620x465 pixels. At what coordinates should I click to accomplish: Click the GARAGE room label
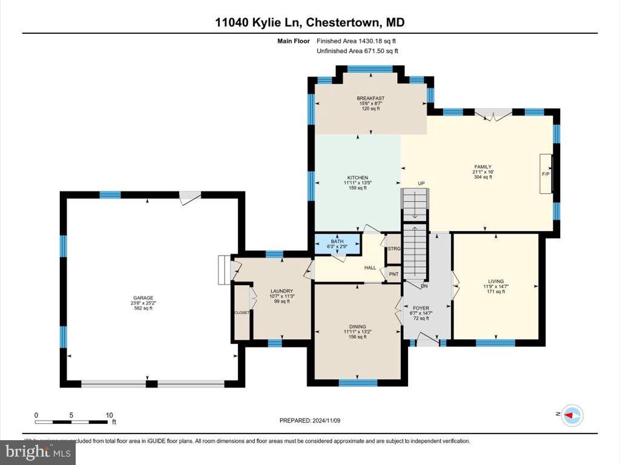[143, 297]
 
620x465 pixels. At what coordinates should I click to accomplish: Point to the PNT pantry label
[394, 274]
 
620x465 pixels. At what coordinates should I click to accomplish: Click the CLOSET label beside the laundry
[242, 312]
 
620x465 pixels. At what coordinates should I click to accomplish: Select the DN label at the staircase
[426, 286]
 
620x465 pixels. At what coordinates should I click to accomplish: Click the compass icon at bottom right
[571, 415]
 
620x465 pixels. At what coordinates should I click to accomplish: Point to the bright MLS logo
[38, 451]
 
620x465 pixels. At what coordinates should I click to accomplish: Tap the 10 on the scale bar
[109, 415]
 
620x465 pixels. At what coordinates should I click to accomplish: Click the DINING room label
[357, 326]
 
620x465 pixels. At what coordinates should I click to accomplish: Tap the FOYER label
[421, 308]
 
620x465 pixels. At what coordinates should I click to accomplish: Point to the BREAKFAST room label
[370, 98]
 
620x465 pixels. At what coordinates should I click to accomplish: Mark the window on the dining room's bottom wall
[358, 382]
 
